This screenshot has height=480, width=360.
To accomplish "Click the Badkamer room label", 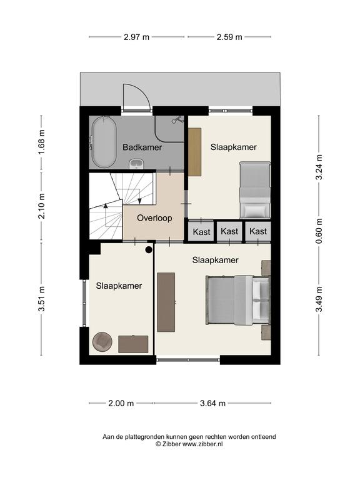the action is [142, 147].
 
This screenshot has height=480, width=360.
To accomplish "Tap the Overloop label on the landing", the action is [154, 218].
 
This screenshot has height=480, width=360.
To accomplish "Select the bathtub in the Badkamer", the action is [104, 142].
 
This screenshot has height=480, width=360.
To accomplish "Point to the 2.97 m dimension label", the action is [136, 37].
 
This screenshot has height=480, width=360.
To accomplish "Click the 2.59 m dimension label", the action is [229, 37].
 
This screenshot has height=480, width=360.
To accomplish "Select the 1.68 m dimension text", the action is [42, 142].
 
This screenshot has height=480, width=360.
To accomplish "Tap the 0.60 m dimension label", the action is [319, 231].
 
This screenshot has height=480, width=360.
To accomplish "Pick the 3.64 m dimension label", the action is [212, 403].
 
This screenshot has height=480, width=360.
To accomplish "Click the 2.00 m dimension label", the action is [121, 403].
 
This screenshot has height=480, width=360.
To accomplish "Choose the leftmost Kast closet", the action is [201, 231].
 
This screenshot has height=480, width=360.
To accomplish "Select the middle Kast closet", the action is [229, 231].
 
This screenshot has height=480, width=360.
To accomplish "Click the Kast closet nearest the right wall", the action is [258, 231].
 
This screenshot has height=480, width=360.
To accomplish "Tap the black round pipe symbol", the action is [149, 250].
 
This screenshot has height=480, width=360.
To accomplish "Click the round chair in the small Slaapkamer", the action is [102, 342].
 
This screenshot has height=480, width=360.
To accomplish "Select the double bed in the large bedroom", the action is [238, 300].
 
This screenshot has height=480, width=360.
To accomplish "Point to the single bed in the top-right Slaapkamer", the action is [255, 190].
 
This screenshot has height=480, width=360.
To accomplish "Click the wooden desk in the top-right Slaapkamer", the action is [194, 152].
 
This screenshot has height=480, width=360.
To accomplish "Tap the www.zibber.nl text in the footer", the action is [202, 444].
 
